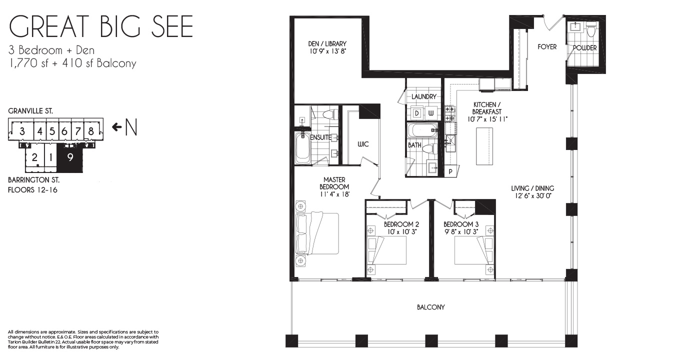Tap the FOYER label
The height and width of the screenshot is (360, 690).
tap(547, 47)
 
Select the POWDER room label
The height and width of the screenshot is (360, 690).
tap(584, 48)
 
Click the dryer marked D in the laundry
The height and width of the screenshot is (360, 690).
tap(417, 113)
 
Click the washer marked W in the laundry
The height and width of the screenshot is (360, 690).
tap(431, 113)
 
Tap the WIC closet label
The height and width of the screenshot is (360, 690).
tap(363, 144)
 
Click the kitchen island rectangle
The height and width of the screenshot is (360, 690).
tap(484, 146)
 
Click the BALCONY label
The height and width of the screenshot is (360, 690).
tap(430, 307)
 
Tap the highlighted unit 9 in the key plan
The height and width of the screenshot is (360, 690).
tap(70, 157)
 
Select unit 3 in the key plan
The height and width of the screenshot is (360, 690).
tap(22, 131)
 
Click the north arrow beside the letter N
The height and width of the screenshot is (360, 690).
tap(116, 127)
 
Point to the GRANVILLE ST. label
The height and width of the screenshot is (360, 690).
tap(30, 111)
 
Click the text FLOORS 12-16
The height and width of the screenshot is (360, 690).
tap(32, 189)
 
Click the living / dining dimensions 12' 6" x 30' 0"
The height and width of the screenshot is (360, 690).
tap(532, 195)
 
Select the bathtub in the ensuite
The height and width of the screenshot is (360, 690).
tap(302, 148)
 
